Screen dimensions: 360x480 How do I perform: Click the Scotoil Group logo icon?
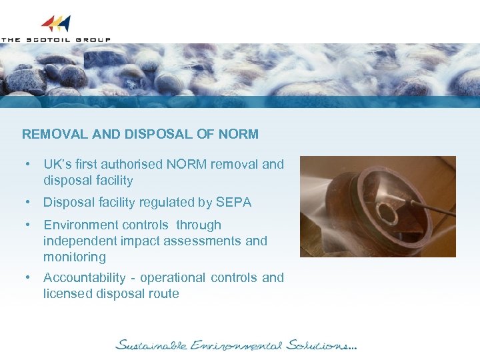click(55, 24)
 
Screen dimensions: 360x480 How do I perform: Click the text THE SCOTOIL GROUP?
click(55, 39)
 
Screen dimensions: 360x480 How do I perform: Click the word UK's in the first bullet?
click(57, 164)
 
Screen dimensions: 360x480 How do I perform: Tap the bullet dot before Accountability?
click(29, 277)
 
